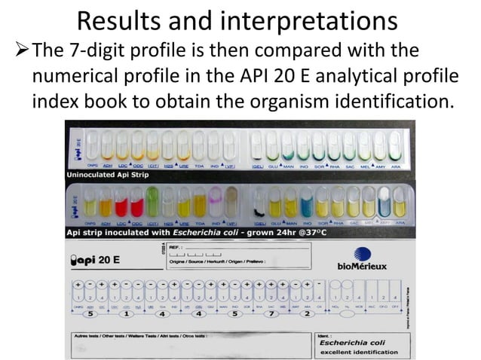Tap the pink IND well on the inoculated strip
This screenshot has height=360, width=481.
tap(215, 203)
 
